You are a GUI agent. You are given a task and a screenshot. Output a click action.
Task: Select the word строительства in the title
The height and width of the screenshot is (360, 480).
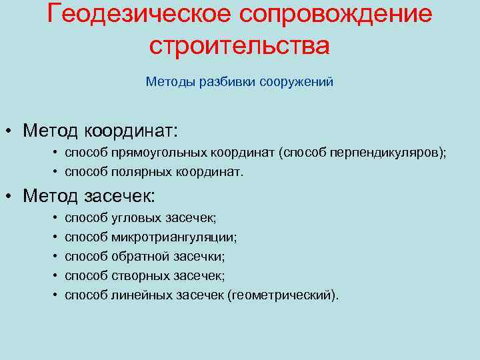[x=239, y=45]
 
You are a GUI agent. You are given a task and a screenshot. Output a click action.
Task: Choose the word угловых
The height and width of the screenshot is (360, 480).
[x=136, y=218]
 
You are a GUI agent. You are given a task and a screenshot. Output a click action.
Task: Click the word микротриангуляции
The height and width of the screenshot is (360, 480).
[x=175, y=237]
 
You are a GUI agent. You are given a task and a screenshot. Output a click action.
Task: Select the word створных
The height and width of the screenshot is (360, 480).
[x=141, y=275]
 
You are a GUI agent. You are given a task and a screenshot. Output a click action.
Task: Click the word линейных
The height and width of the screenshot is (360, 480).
[x=143, y=295]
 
